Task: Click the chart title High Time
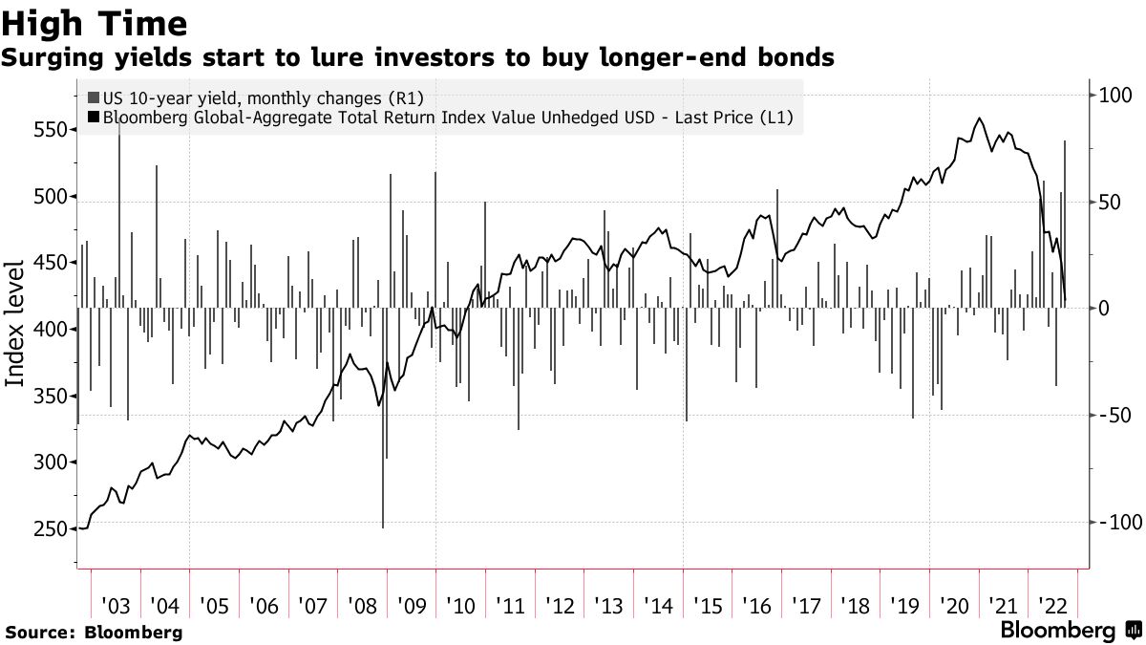(x=94, y=22)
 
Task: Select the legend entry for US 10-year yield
(x=255, y=97)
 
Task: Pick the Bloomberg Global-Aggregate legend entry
(x=439, y=118)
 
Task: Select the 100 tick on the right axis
(x=1114, y=96)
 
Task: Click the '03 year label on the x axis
(x=116, y=606)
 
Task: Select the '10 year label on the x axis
(x=460, y=606)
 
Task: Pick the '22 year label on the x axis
(x=1052, y=606)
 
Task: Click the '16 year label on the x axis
(x=756, y=606)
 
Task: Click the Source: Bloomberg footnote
(x=93, y=632)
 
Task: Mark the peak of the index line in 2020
(x=979, y=118)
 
